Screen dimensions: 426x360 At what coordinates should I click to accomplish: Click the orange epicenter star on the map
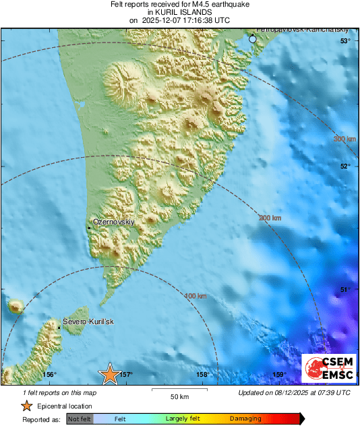pyautogui.click(x=109, y=375)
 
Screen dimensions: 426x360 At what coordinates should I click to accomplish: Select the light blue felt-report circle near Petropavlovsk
pyautogui.click(x=253, y=40)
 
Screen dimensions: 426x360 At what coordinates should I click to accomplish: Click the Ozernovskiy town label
pyautogui.click(x=114, y=222)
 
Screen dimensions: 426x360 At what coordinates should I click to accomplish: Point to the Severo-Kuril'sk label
pyautogui.click(x=88, y=322)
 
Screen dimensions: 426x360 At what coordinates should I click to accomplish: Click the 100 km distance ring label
pyautogui.click(x=195, y=296)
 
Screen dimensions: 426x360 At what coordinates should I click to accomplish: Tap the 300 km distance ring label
pyautogui.click(x=344, y=139)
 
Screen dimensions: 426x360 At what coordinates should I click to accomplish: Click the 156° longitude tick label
pyautogui.click(x=49, y=375)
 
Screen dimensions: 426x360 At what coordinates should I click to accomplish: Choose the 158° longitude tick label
pyautogui.click(x=202, y=375)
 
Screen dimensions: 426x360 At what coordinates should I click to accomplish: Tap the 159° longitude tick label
pyautogui.click(x=279, y=375)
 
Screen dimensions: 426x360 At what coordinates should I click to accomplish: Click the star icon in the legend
pyautogui.click(x=26, y=406)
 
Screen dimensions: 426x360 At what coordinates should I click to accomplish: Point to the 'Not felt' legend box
pyautogui.click(x=80, y=419)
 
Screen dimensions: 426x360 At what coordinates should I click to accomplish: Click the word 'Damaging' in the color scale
pyautogui.click(x=245, y=419)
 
